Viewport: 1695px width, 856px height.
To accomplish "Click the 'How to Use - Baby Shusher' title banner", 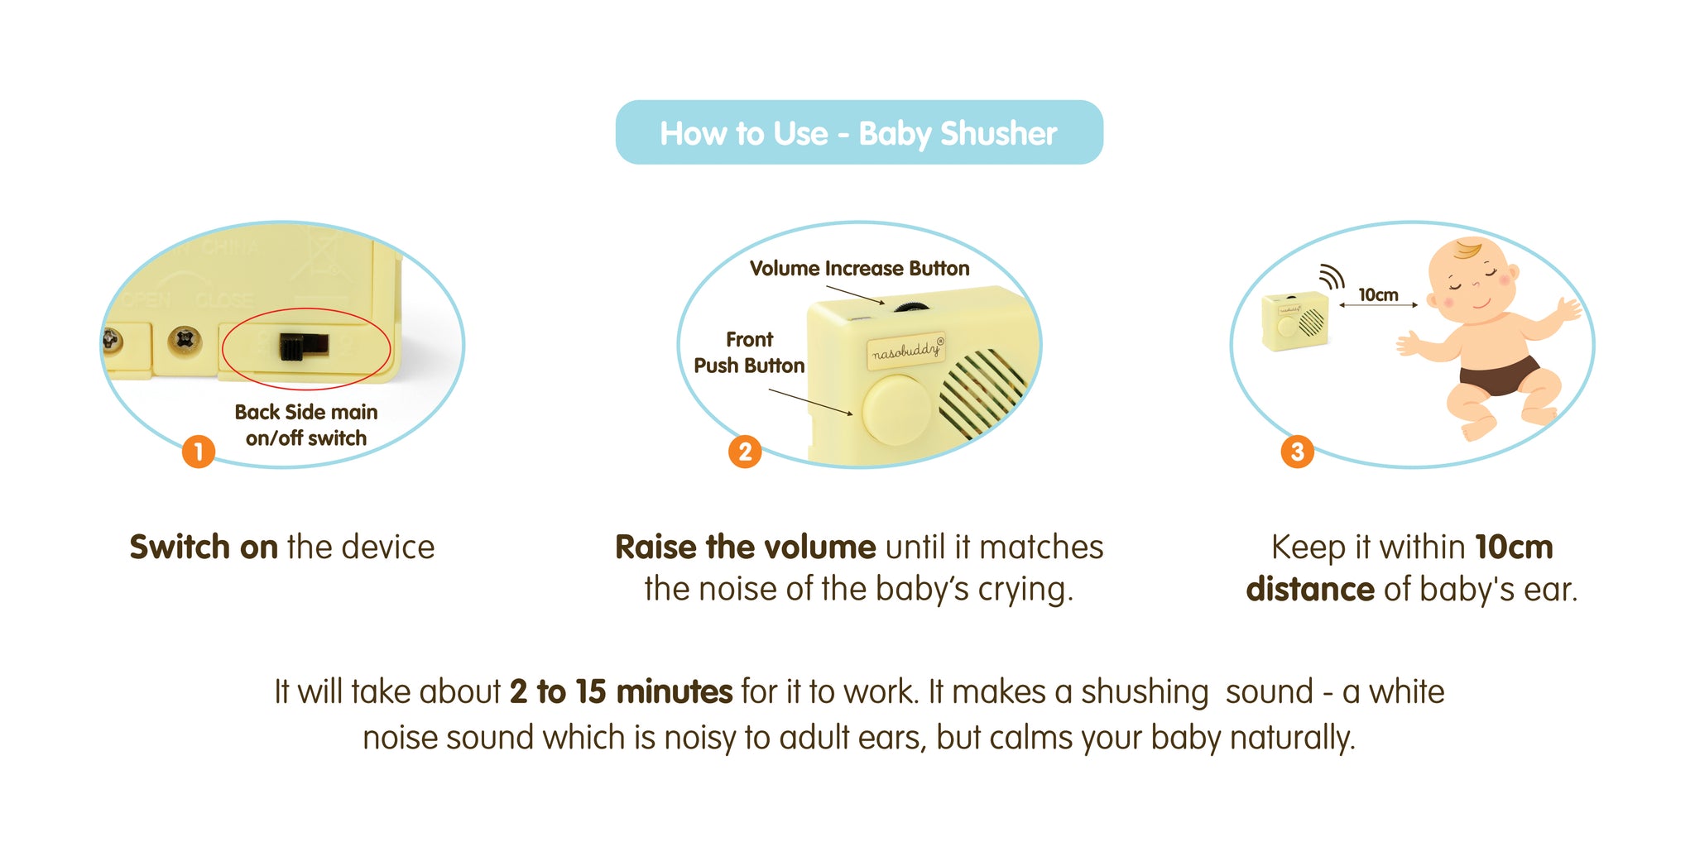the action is click(x=859, y=132).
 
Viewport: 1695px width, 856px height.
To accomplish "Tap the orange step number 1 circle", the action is click(x=199, y=452).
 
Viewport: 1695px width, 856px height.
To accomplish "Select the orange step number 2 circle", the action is click(x=745, y=452).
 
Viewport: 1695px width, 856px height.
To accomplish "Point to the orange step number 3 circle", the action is click(x=1297, y=452).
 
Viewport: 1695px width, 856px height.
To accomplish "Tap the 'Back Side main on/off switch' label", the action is click(x=306, y=425).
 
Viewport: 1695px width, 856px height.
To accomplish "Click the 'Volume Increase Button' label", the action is click(x=859, y=269).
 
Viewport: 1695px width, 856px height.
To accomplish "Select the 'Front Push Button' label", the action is click(x=749, y=352).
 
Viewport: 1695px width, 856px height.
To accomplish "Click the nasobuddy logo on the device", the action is click(x=907, y=350).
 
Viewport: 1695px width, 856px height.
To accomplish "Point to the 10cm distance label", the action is click(x=1378, y=295).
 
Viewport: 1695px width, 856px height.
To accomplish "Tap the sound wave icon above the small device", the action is click(x=1332, y=277).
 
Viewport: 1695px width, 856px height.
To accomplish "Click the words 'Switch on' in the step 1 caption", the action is click(x=204, y=548).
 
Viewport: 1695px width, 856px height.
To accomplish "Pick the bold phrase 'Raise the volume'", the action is click(x=746, y=548).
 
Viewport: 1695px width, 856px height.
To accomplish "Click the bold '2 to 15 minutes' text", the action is click(x=621, y=691).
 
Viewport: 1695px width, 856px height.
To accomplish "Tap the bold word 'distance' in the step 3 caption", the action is click(x=1310, y=590).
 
